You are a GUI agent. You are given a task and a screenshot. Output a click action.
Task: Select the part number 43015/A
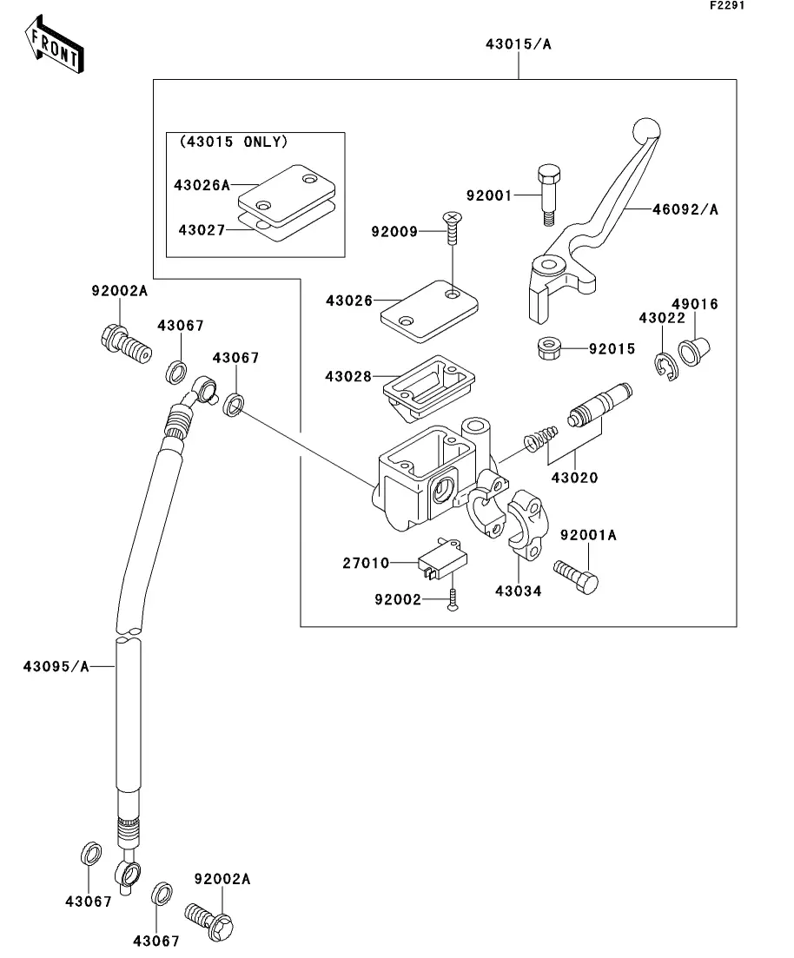click(519, 43)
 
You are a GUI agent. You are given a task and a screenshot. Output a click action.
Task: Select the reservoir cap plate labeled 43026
click(428, 306)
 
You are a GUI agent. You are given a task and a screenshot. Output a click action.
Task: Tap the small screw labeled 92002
click(453, 600)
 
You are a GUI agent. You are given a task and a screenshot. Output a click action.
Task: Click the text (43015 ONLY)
click(233, 142)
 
